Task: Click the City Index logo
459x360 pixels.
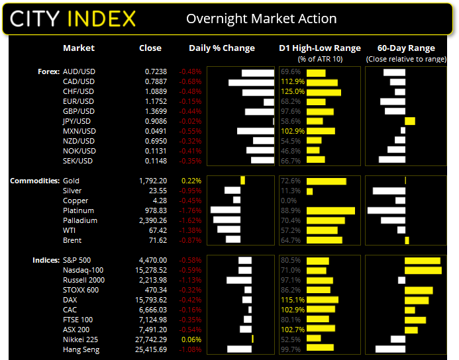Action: tap(74, 18)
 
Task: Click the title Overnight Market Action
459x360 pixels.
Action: tap(261, 19)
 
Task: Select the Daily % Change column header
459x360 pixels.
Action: tap(222, 48)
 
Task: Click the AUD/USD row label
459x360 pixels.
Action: tap(79, 71)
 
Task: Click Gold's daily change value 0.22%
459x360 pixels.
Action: tap(190, 181)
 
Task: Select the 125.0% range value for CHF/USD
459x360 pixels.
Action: tap(292, 91)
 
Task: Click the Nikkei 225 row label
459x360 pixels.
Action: tap(80, 339)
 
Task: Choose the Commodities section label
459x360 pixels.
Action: tap(34, 181)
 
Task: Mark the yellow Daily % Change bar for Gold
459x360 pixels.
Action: tap(243, 181)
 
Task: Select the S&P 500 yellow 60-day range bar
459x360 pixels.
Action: tap(422, 261)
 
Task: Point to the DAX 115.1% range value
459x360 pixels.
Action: tap(292, 300)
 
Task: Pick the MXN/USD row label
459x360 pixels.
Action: tap(79, 131)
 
